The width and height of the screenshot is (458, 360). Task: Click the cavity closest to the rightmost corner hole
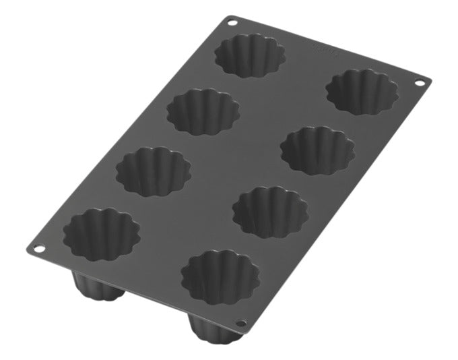tap(361, 91)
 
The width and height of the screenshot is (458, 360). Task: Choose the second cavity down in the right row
tap(317, 150)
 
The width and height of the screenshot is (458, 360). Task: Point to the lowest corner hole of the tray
tap(242, 324)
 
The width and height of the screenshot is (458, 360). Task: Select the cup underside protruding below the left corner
tap(98, 291)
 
